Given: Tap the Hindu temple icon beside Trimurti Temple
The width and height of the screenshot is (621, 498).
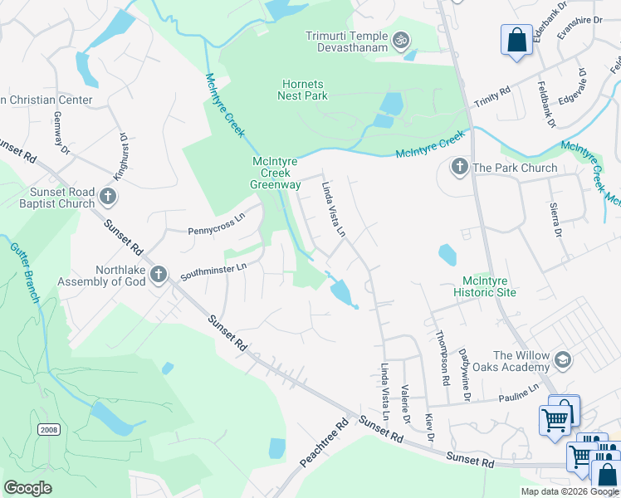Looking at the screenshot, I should pos(401,39).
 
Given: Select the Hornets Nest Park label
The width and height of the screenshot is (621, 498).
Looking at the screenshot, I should pos(302,90).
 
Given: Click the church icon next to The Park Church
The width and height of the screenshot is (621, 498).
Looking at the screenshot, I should pos(459,168).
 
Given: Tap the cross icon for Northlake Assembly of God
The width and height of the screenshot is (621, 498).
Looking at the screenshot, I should pos(159,275).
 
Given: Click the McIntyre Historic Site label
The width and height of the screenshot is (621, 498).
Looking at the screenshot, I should pos(485,286).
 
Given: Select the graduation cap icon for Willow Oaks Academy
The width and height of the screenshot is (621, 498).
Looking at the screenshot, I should pos(564,359).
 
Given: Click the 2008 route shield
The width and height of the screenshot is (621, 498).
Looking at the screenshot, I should pos(47,428).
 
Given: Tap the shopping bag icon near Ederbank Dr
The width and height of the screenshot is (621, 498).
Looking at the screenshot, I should pos(516,41).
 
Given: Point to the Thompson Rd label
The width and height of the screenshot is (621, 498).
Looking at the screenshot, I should pos(442,357).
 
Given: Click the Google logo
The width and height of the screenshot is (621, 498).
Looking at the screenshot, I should pos(28,488).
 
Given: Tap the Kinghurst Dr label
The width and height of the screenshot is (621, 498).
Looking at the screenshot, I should pos(120,157).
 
